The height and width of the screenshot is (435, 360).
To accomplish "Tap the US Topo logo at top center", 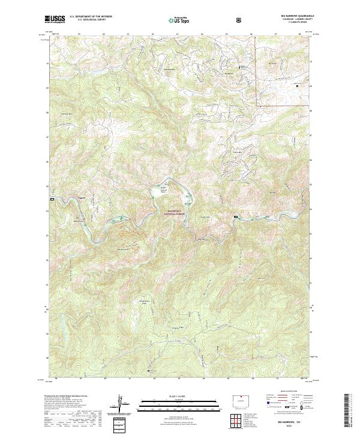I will pyautogui.click(x=175, y=20).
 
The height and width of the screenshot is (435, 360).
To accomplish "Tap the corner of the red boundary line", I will pyautogui.click(x=260, y=106).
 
